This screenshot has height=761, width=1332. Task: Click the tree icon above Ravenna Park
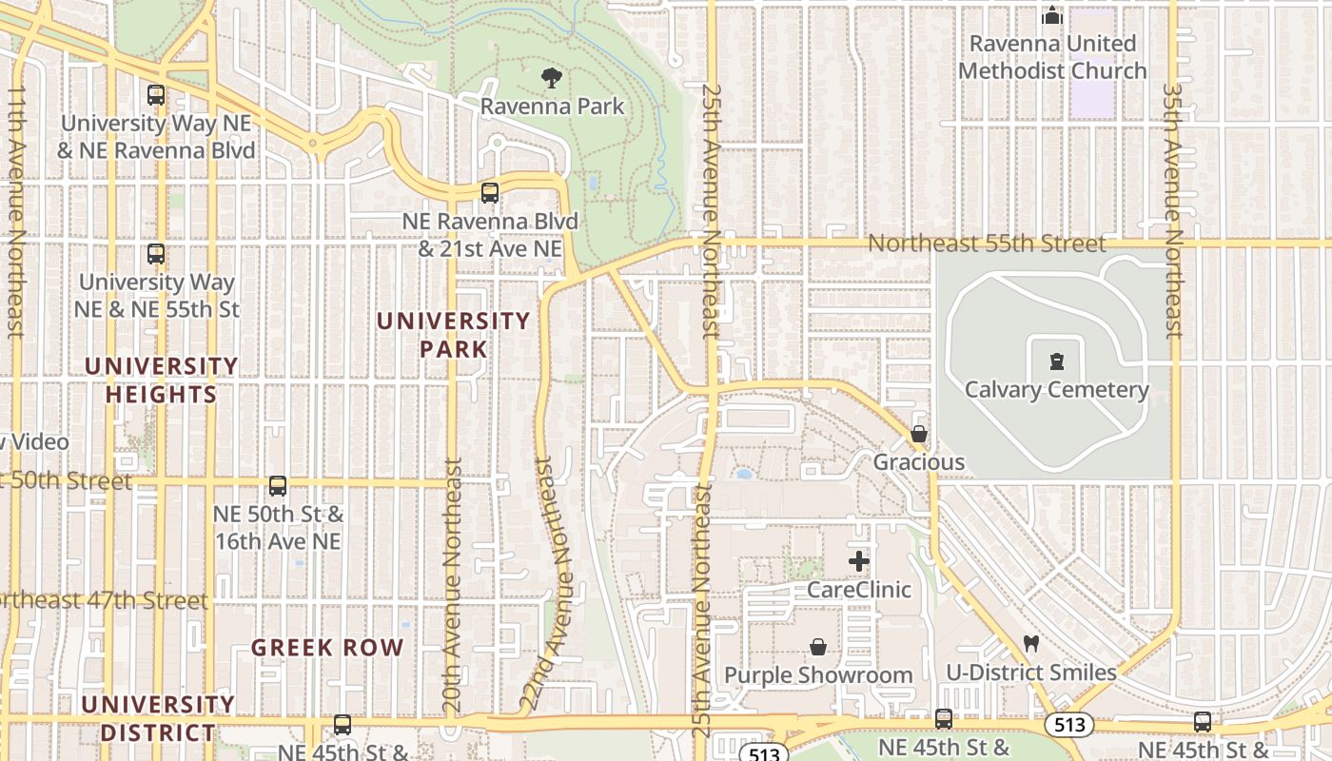click(x=551, y=78)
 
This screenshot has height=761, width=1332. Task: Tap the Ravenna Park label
click(x=552, y=106)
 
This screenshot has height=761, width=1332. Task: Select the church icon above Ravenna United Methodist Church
click(x=1051, y=15)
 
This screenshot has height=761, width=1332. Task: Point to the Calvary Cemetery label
click(x=1056, y=389)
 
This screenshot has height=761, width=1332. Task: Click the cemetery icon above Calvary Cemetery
click(x=1056, y=361)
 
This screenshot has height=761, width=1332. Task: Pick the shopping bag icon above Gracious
click(x=919, y=435)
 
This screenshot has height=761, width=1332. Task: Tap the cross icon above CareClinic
click(x=858, y=561)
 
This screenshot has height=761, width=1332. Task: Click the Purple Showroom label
click(x=818, y=674)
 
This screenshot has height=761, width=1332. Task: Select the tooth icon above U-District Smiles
click(x=1030, y=644)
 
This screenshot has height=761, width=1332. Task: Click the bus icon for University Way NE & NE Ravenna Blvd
click(x=156, y=95)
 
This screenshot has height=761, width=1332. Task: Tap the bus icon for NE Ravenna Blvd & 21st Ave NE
click(x=490, y=193)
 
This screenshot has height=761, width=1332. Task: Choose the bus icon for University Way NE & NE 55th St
click(x=156, y=254)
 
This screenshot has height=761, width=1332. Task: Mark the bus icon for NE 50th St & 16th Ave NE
click(x=278, y=486)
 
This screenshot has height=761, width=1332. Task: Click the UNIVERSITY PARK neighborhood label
click(x=454, y=335)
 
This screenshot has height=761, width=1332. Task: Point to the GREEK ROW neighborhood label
click(x=327, y=648)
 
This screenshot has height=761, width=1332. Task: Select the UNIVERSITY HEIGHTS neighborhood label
click(x=162, y=380)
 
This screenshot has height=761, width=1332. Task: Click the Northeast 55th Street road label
click(x=987, y=244)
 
